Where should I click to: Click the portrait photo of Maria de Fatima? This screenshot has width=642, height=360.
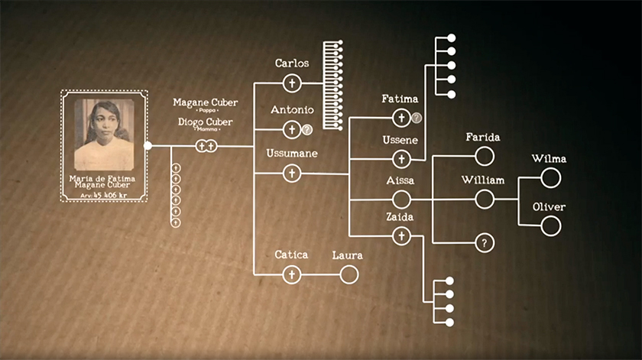pyautogui.click(x=104, y=135)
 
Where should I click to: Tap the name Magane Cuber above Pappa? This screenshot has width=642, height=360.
pyautogui.click(x=205, y=102)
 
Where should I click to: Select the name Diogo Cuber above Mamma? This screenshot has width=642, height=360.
pyautogui.click(x=206, y=122)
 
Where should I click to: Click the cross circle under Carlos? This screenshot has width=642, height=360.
pyautogui.click(x=291, y=83)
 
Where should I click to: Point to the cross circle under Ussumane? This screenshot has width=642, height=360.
pyautogui.click(x=291, y=174)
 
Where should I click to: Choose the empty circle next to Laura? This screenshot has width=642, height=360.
pyautogui.click(x=349, y=274)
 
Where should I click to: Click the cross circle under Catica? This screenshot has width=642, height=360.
pyautogui.click(x=291, y=274)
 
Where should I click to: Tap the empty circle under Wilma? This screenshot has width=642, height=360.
pyautogui.click(x=550, y=178)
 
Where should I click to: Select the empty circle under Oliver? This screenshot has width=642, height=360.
pyautogui.click(x=550, y=225)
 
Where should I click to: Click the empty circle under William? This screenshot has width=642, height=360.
pyautogui.click(x=484, y=199)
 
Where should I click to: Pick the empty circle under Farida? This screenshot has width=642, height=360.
pyautogui.click(x=484, y=157)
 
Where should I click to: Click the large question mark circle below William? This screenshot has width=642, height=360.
pyautogui.click(x=484, y=243)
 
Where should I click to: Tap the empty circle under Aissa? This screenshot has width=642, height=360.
pyautogui.click(x=401, y=199)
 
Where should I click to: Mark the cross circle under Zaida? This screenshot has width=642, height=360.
pyautogui.click(x=401, y=236)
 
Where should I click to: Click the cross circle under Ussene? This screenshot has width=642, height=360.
pyautogui.click(x=401, y=159)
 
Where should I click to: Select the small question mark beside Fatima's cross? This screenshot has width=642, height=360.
pyautogui.click(x=417, y=118)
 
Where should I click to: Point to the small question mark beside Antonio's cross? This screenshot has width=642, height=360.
pyautogui.click(x=307, y=130)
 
